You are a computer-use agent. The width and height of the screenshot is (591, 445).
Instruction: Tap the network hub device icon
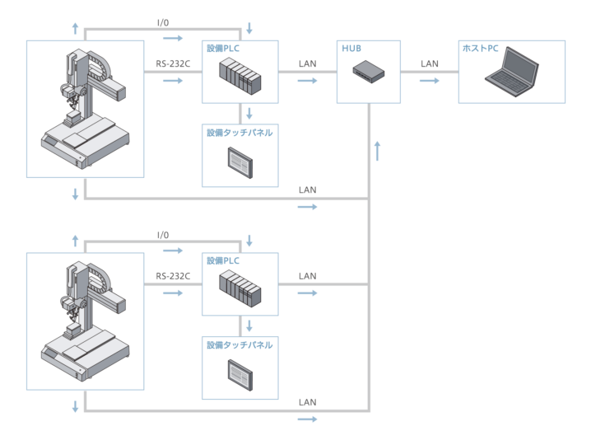click(368, 72)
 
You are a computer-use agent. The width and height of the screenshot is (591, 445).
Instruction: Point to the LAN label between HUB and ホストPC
click(430, 63)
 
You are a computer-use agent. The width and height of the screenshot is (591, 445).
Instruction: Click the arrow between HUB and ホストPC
click(430, 82)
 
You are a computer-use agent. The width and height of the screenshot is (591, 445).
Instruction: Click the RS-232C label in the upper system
click(173, 63)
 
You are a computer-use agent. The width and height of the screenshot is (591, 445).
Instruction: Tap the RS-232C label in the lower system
click(173, 274)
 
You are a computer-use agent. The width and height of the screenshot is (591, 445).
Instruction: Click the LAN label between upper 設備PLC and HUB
click(307, 63)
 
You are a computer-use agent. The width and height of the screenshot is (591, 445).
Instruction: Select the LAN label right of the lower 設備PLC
click(307, 274)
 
